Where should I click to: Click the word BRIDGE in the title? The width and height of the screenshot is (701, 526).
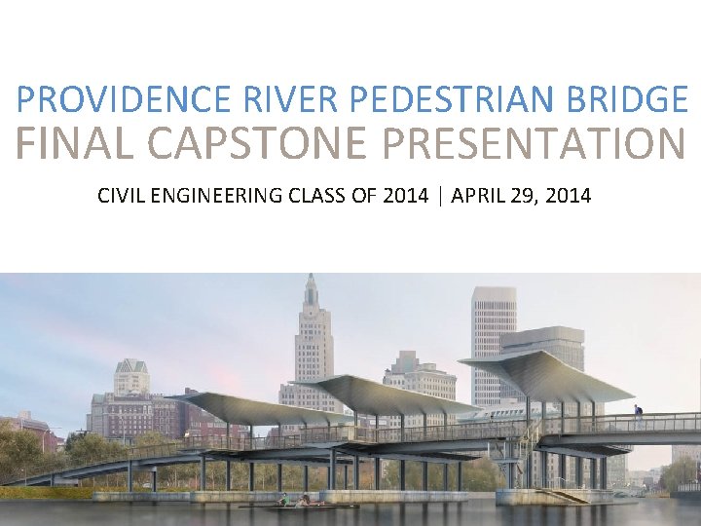[x=623, y=99]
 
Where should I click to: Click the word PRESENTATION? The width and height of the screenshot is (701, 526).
[x=535, y=144]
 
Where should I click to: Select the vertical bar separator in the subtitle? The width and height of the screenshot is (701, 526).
[x=441, y=196]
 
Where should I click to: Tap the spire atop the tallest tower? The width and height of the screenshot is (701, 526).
[x=311, y=287]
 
